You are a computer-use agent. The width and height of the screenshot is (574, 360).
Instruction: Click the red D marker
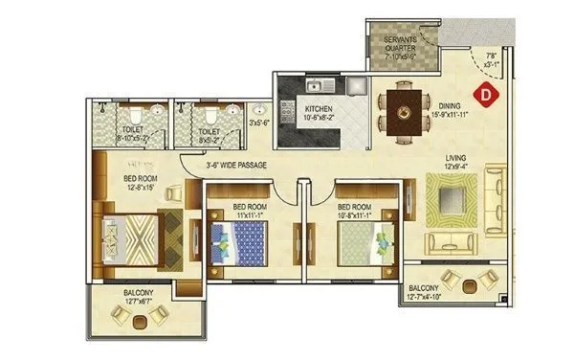(x=487, y=94)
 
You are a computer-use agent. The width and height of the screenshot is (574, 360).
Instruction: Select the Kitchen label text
(x=319, y=116)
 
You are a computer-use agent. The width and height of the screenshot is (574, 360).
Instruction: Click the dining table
(x=401, y=107)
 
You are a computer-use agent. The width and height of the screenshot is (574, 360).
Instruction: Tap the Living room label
(x=454, y=164)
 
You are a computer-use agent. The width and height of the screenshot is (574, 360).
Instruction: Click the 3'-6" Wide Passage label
(x=235, y=165)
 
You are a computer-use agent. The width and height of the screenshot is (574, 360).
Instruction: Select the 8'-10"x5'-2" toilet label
(x=133, y=135)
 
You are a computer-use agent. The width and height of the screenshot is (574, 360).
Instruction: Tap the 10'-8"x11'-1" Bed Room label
(x=353, y=210)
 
